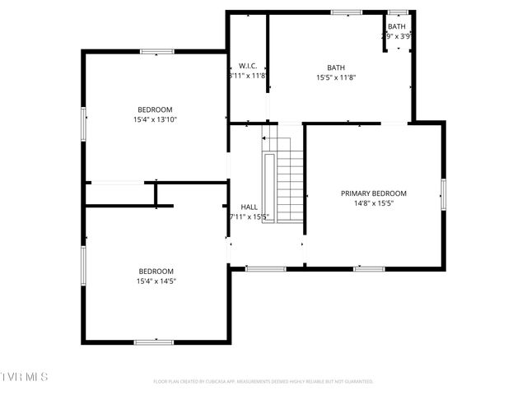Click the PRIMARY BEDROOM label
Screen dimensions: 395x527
click(x=374, y=193)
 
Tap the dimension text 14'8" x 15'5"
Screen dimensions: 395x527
click(x=374, y=203)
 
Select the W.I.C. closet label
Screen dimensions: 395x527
click(x=249, y=66)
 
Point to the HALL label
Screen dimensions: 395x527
click(x=249, y=207)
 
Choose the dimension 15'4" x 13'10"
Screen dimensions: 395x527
click(x=155, y=119)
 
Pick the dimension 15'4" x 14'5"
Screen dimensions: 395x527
click(x=156, y=281)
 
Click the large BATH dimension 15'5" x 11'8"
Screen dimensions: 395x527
click(x=336, y=77)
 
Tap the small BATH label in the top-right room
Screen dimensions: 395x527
click(x=397, y=26)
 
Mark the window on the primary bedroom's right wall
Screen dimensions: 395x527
click(x=443, y=194)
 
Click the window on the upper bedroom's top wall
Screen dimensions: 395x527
click(x=156, y=52)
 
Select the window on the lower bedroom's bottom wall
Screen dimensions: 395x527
click(x=154, y=342)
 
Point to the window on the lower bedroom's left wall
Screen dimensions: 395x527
click(x=83, y=266)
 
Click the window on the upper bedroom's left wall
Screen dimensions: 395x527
click(x=83, y=124)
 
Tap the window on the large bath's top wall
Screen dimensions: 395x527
click(x=347, y=12)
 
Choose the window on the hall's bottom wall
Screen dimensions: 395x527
click(x=266, y=268)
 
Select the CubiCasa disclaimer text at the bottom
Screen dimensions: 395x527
click(x=263, y=381)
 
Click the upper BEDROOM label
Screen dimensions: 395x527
click(x=155, y=109)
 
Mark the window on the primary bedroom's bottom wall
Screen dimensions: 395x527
click(x=369, y=268)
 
